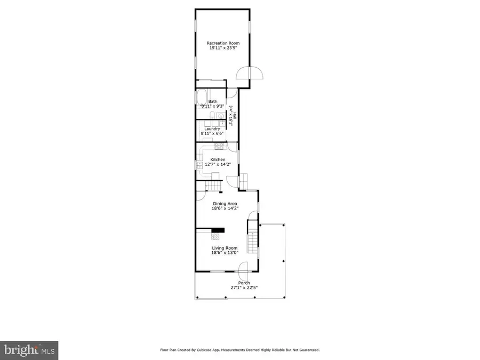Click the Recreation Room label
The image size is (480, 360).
click(223, 43)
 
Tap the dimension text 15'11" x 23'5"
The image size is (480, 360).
click(223, 48)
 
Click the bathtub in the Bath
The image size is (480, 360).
click(202, 99)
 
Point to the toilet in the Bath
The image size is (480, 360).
click(212, 117)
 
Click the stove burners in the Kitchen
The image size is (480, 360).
click(218, 147)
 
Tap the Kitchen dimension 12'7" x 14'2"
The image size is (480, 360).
click(218, 164)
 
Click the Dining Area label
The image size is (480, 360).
click(225, 204)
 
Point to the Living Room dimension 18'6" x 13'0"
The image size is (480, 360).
click(225, 253)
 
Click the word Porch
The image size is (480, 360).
click(244, 283)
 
